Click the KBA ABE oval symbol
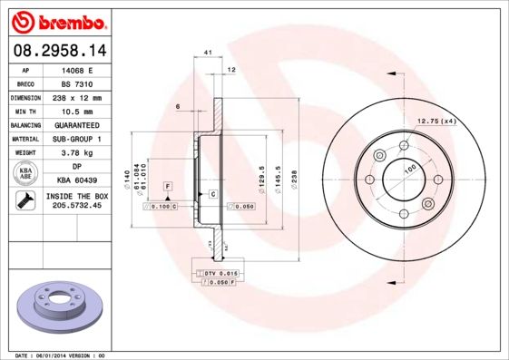pos(26,173)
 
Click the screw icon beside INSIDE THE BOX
pos(25,200)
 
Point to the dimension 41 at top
pos(208,54)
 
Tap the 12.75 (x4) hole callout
pos(436,121)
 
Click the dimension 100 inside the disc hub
pos(409,170)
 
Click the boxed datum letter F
pos(167,185)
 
